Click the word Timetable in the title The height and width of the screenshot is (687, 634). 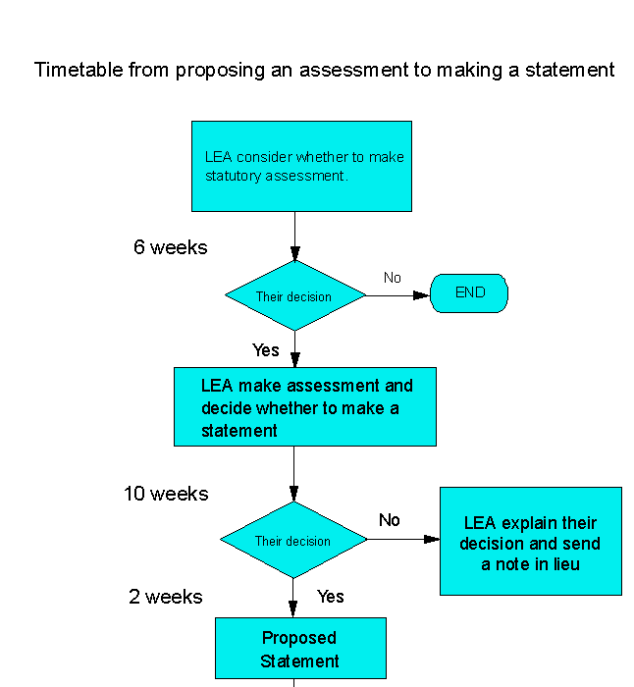tap(79, 70)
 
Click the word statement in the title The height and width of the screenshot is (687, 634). tap(570, 70)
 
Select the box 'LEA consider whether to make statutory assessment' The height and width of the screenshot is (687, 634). tap(301, 167)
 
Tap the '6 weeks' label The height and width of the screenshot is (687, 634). tap(171, 247)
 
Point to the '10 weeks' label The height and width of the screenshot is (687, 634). tap(166, 494)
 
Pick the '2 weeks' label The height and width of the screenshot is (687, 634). tap(166, 597)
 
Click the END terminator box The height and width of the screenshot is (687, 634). tap(469, 293)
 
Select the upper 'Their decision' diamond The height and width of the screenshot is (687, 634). tap(294, 295)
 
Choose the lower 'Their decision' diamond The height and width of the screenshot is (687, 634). tap(293, 540)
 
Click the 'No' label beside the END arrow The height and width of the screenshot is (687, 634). tap(393, 278)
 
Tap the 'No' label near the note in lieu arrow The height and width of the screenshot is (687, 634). tap(389, 520)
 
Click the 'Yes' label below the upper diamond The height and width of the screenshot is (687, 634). tap(266, 350)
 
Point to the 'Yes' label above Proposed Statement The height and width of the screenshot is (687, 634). tap(331, 597)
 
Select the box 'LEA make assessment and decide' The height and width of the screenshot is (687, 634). tap(305, 406)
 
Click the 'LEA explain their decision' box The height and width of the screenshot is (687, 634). tap(531, 541)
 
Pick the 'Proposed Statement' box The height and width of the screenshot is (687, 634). tap(300, 648)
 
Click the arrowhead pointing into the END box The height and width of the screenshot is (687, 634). tap(421, 295)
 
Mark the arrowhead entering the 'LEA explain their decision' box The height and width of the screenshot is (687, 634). tap(432, 540)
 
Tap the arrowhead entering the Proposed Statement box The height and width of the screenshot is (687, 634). tap(293, 609)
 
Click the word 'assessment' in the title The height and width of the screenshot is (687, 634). tap(353, 70)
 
